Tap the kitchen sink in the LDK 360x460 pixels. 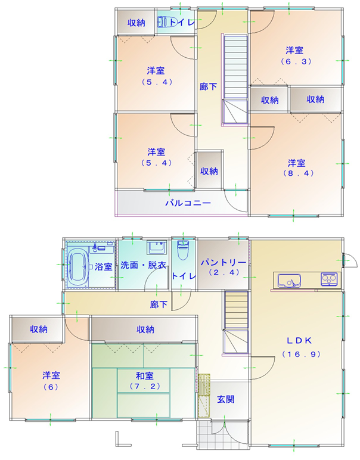click(288, 281)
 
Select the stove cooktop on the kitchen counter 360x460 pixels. click(329, 279)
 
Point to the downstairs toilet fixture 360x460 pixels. click(182, 250)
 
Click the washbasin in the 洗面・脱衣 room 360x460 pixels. click(156, 248)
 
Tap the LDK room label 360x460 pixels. click(299, 340)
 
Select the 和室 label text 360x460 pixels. click(145, 376)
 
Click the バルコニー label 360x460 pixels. click(188, 203)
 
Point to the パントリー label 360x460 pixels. click(223, 262)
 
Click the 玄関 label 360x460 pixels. click(226, 399)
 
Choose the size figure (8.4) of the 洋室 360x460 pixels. click(299, 173)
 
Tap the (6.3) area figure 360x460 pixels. click(296, 61)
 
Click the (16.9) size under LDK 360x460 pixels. click(302, 354)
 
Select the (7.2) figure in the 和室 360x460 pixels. click(145, 386)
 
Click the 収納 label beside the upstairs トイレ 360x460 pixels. click(136, 23)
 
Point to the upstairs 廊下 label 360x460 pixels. click(209, 86)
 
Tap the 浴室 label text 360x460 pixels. click(103, 267)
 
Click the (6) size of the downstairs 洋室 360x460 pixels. click(51, 387)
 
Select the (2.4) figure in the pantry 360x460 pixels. click(224, 272)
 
